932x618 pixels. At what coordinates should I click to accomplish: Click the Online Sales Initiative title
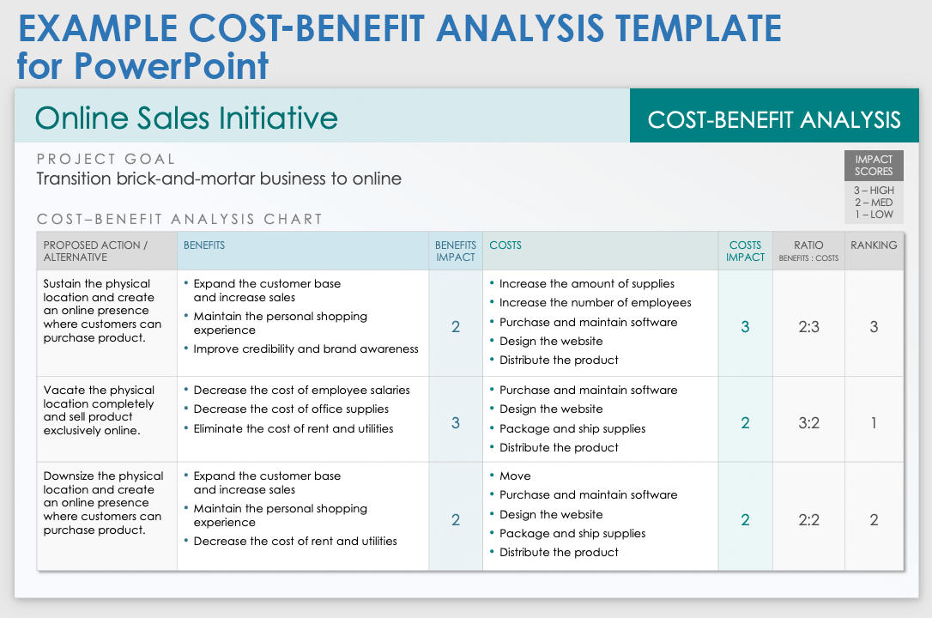[x=186, y=118]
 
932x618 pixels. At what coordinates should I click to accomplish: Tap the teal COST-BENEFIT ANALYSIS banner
[x=774, y=116]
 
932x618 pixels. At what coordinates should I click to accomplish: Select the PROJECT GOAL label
[x=106, y=160]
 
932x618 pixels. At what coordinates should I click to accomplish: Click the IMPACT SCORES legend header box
[x=874, y=165]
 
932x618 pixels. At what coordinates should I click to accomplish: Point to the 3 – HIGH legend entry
[x=874, y=191]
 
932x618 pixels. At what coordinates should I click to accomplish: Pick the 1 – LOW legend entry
[x=874, y=215]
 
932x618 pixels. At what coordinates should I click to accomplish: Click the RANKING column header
[x=874, y=245]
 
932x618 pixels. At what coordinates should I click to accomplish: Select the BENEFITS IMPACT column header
[x=456, y=251]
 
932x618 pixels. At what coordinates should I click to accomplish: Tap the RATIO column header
[x=808, y=251]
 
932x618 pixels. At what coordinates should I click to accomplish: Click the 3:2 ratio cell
[x=808, y=423]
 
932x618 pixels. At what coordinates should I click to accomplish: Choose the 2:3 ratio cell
[x=808, y=327]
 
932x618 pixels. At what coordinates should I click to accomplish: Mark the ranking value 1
[x=874, y=423]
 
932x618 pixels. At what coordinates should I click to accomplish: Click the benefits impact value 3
[x=456, y=423]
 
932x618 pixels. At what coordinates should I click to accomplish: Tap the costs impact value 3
[x=746, y=327]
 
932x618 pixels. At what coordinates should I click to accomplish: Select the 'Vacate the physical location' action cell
[x=99, y=410]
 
